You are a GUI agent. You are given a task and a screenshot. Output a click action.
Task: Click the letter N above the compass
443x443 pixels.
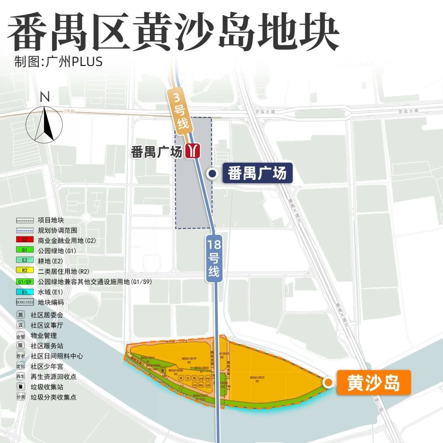click(45, 97)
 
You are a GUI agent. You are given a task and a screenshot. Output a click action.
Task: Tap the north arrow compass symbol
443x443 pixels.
click(45, 124)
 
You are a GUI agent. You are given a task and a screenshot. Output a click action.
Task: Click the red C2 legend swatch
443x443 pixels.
click(25, 240)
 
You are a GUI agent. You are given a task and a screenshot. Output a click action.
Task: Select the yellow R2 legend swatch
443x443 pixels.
click(25, 270)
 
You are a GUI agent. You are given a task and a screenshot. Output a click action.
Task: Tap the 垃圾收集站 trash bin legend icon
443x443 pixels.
click(20, 387)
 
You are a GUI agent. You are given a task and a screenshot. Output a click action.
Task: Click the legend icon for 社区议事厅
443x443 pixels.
click(20, 325)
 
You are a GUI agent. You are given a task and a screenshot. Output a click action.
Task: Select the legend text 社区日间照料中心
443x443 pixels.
click(57, 356)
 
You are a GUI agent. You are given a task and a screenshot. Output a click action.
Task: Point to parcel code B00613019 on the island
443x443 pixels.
click(189, 359)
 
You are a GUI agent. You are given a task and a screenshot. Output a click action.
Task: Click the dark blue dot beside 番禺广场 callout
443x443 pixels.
click(212, 174)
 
